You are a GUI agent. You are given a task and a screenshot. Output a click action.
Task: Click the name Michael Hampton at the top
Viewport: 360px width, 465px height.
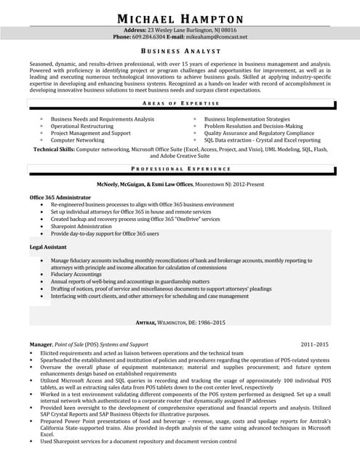(180, 17)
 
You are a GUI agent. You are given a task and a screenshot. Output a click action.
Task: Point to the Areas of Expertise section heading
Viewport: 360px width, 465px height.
(180, 104)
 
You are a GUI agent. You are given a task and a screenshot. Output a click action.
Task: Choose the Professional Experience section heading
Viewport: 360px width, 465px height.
(180, 168)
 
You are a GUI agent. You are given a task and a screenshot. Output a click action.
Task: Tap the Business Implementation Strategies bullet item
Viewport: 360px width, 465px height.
(247, 118)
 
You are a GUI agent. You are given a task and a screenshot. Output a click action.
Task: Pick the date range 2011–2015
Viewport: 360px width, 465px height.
(314, 344)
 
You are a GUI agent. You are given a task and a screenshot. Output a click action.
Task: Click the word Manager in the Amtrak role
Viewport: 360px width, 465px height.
(41, 344)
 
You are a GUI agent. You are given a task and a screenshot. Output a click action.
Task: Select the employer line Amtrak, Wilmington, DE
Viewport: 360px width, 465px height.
(180, 322)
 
